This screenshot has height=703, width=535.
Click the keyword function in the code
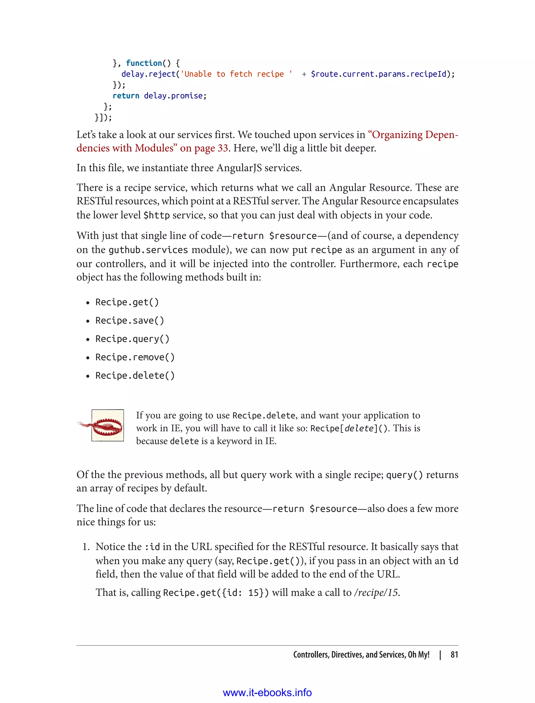144,63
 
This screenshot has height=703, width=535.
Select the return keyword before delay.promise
126,96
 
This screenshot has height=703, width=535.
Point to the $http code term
156,215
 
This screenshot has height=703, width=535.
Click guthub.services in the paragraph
148,250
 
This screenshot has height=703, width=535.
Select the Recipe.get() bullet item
127,302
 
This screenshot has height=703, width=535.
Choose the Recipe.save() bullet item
130,320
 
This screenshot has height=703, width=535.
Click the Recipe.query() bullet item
132,339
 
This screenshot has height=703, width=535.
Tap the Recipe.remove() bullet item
135,357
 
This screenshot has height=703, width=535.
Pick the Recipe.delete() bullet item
135,376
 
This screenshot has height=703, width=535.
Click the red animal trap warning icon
107,425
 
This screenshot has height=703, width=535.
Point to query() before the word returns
404,475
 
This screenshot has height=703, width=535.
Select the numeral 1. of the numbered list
86,547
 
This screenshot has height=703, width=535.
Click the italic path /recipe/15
376,593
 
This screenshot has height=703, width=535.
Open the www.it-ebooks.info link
267,693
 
